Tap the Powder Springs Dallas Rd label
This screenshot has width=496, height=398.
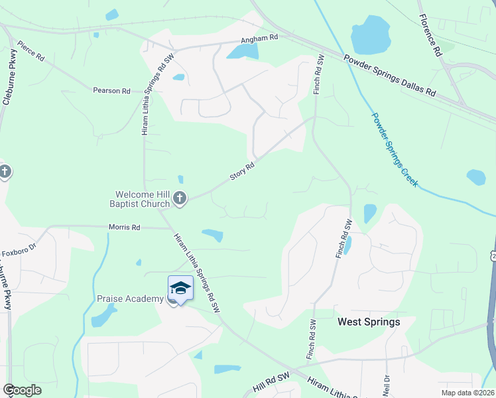click(x=390, y=75)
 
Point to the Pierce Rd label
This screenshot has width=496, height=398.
click(x=31, y=51)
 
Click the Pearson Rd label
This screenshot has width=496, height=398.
click(x=111, y=90)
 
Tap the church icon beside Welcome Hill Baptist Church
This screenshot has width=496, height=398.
click(x=179, y=198)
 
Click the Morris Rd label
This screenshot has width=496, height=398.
click(x=125, y=228)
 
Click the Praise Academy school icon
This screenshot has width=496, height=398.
click(x=180, y=289)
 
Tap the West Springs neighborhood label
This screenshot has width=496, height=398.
click(x=369, y=322)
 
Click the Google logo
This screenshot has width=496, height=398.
click(x=22, y=390)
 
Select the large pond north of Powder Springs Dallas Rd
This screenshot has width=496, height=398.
click(x=371, y=36)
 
